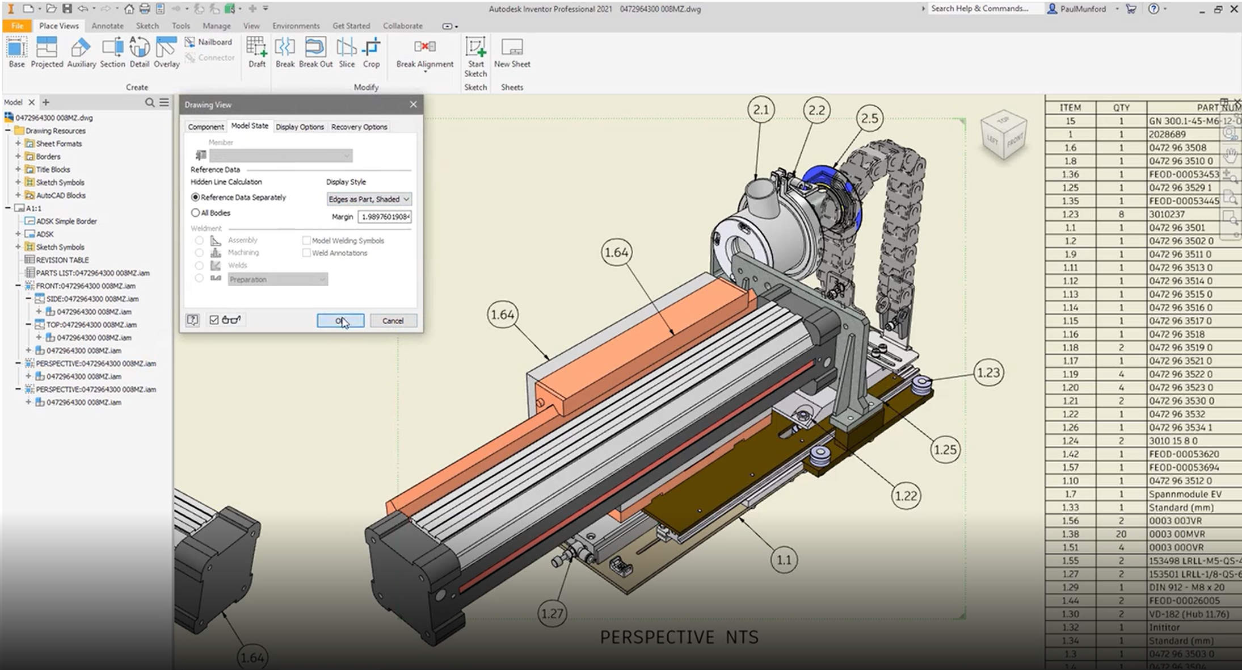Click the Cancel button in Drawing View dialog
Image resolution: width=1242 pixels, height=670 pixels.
tap(393, 321)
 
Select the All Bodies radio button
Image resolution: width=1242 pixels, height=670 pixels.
tap(196, 213)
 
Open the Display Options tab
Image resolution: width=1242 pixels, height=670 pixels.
tap(300, 127)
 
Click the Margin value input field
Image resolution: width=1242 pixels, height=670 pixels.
tap(385, 217)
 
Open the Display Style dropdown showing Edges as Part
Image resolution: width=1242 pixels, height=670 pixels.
tap(369, 199)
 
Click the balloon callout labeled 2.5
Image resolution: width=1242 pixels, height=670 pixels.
tap(869, 118)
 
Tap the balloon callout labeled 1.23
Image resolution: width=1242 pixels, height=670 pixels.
tap(988, 372)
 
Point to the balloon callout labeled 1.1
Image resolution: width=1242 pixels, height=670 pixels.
tap(784, 560)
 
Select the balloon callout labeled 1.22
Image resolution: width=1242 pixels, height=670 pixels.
tap(905, 496)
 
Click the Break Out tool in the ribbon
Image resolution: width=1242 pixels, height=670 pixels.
tap(315, 52)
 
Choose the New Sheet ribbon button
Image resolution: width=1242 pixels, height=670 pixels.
tap(512, 52)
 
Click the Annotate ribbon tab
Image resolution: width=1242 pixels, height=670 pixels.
tap(107, 26)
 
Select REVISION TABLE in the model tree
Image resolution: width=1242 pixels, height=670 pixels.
tap(62, 260)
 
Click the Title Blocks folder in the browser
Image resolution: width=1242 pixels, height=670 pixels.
tap(53, 170)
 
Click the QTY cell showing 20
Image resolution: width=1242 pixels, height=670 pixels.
tap(1121, 534)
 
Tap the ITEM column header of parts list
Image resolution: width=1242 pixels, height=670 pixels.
tap(1070, 107)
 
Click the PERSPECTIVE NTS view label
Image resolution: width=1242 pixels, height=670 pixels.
tap(679, 637)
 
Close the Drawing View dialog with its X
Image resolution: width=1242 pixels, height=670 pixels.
tap(413, 104)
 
